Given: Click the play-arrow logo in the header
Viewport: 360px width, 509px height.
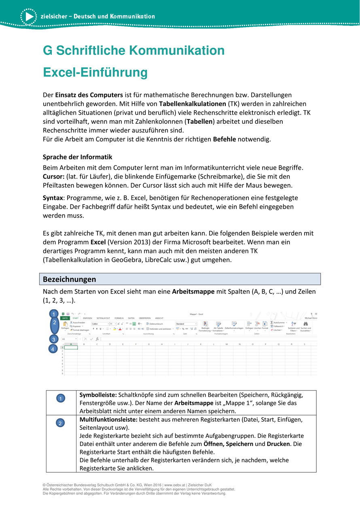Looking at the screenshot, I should coord(28,17).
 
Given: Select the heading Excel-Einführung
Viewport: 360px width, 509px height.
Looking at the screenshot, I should coord(95,73).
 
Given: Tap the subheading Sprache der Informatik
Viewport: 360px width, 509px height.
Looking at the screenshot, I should coord(78,157).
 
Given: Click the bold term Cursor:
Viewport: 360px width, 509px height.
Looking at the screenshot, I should coord(53,176).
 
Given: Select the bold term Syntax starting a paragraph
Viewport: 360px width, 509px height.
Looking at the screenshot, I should coord(53,198).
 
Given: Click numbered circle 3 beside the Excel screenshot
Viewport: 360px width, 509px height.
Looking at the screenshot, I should coord(53,339).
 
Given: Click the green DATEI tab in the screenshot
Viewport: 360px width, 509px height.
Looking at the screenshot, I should coord(65,318).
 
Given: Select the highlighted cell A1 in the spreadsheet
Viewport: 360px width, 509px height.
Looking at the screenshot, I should coord(71,347).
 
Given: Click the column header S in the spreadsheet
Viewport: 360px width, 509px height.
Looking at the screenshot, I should coord(304,344).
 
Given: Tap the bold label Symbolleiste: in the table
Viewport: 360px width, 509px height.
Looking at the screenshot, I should coord(98,395).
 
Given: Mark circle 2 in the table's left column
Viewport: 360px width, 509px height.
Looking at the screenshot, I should coord(60,423).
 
